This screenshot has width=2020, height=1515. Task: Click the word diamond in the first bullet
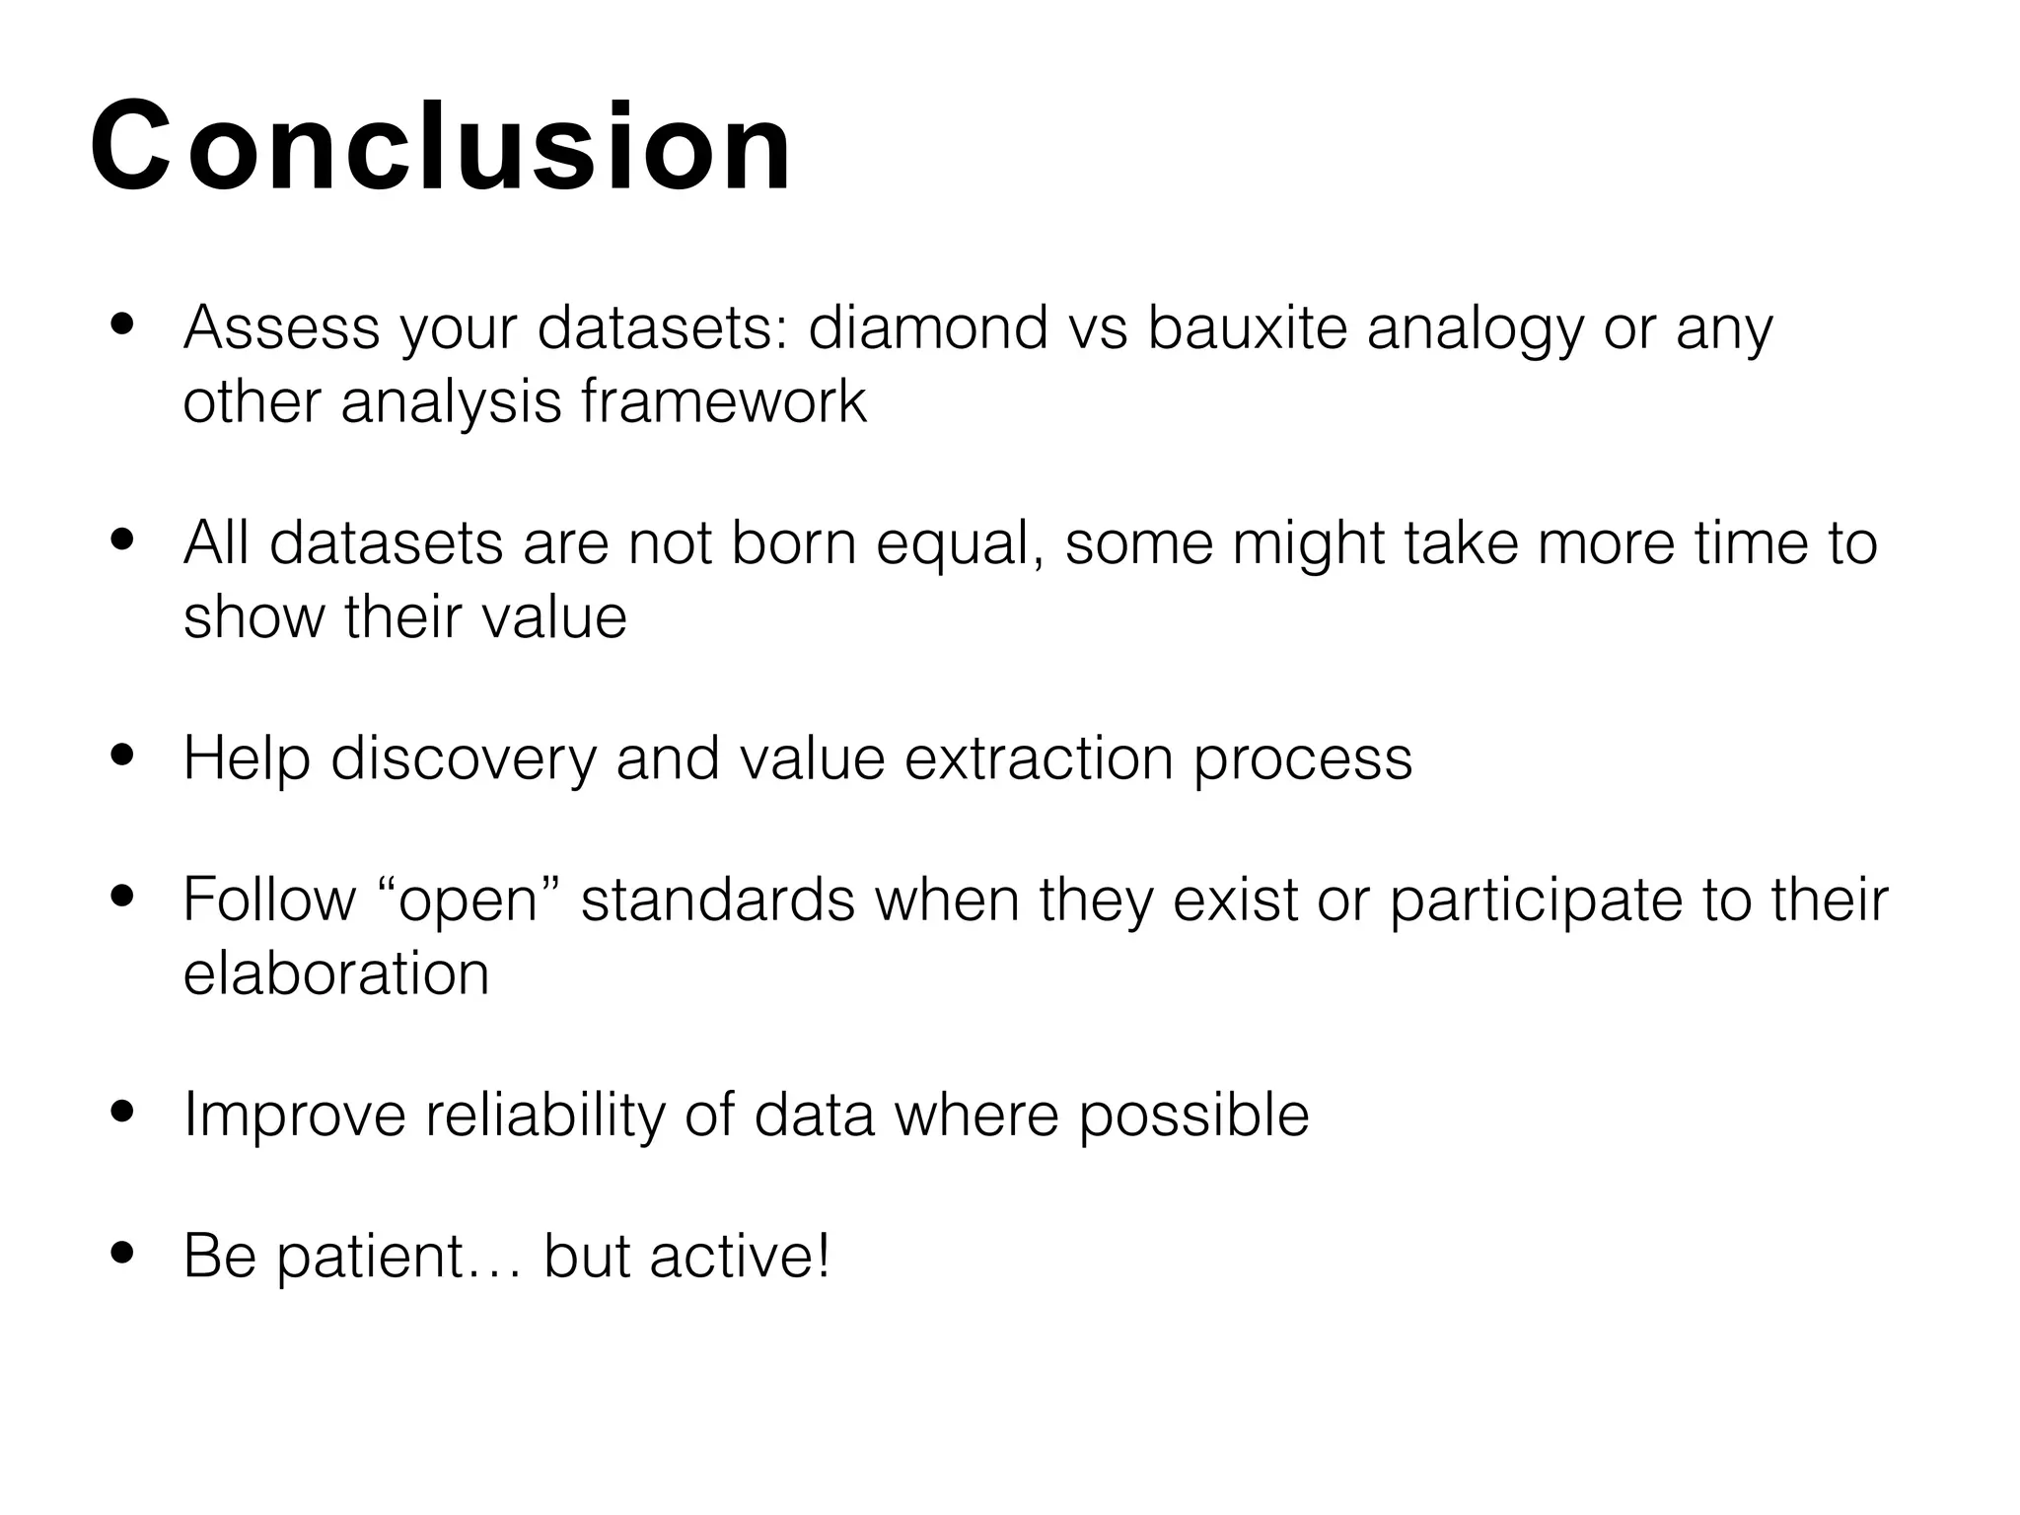coord(927,327)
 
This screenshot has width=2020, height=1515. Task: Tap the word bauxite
coord(1247,327)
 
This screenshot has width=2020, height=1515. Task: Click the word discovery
coord(464,759)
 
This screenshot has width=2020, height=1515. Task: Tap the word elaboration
coord(336,974)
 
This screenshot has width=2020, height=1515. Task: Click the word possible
coord(1193,1117)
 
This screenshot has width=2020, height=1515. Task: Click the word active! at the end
coord(740,1257)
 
